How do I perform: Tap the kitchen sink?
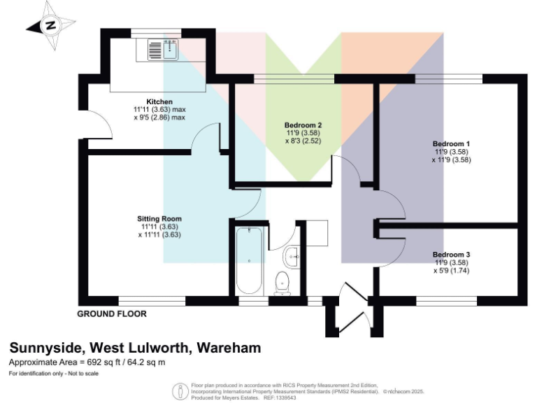pyautogui.click(x=163, y=49)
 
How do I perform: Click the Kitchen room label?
pyautogui.click(x=159, y=102)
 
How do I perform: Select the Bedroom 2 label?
pyautogui.click(x=303, y=125)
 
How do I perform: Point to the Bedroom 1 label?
pyautogui.click(x=451, y=143)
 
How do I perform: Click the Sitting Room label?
pyautogui.click(x=159, y=218)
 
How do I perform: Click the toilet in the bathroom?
pyautogui.click(x=282, y=281)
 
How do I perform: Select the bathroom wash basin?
pyautogui.click(x=293, y=256)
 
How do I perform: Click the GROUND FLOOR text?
pyautogui.click(x=112, y=314)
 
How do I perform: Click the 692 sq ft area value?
pyautogui.click(x=100, y=362)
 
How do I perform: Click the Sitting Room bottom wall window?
pyautogui.click(x=152, y=301)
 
